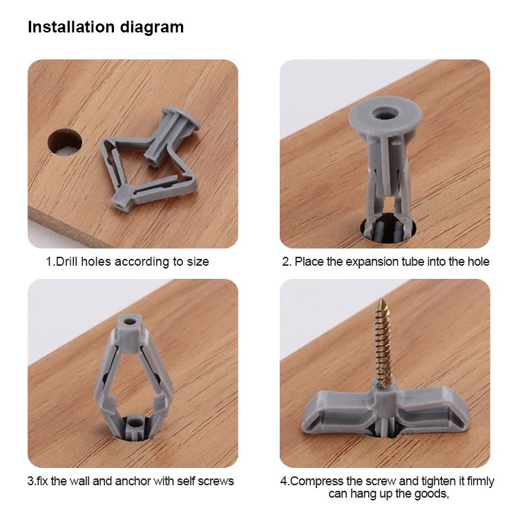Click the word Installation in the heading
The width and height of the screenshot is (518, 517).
point(71,27)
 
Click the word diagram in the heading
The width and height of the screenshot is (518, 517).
point(152,28)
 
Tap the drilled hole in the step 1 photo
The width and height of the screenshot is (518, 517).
point(65,142)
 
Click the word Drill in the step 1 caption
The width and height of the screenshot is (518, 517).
point(67,262)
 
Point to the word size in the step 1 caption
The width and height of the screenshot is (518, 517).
point(198,262)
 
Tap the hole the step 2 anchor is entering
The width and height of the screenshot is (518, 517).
point(388,228)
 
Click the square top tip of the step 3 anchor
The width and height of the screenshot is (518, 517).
point(130,325)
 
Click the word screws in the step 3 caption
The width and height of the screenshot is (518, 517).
point(216,481)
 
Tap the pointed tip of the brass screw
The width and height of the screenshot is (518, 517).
point(382,300)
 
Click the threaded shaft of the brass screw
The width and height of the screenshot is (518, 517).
point(385,343)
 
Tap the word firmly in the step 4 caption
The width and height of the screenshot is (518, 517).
point(480,481)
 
